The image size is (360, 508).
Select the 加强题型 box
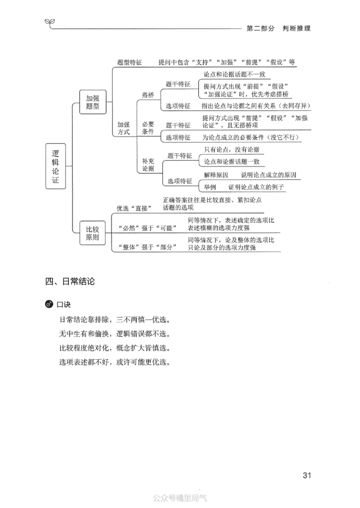pos(92,102)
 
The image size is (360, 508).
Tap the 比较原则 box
pos(92,233)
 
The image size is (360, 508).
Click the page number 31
pos(307,476)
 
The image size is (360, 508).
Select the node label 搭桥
pos(148,95)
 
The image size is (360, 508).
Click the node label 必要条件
pos(148,128)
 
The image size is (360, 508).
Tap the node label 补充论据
pos(148,165)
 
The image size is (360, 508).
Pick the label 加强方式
pos(123,128)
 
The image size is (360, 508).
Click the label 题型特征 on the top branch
pos(129,63)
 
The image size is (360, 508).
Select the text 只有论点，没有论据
pos(232,150)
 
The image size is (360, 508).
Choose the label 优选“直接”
pos(134,208)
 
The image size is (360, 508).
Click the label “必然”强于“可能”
pos(147,228)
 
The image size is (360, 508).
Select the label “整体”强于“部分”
pos(147,247)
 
